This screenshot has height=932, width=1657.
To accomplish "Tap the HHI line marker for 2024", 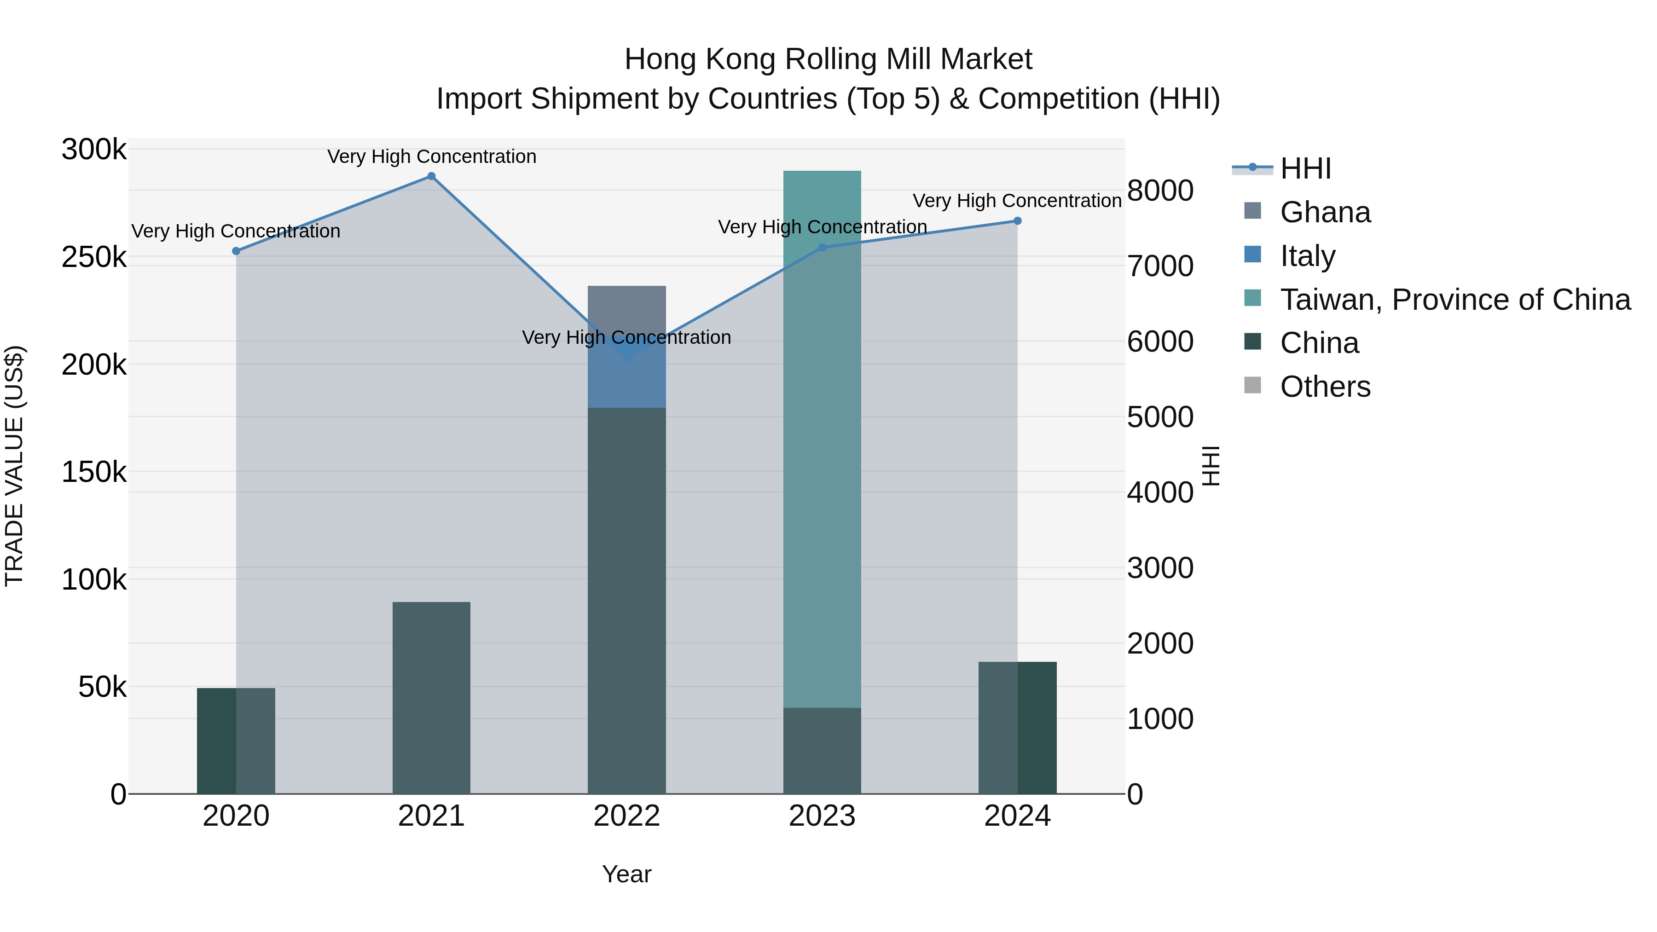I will tap(1017, 220).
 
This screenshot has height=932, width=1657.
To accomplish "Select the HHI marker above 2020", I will tap(236, 251).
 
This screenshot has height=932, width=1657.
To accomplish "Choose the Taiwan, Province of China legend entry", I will tap(1454, 300).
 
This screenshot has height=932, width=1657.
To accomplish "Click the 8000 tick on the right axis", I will tap(1160, 191).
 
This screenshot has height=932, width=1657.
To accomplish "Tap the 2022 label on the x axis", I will tap(626, 816).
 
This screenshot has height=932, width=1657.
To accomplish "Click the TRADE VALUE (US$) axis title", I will tap(14, 466).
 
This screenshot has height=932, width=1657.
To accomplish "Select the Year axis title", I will tap(626, 874).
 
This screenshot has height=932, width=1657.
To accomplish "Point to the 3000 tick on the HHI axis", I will tap(1160, 568).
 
